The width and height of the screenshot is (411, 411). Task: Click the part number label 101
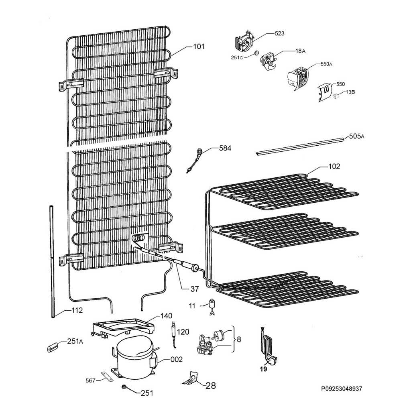tap(199, 47)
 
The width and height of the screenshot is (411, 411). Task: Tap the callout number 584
tap(225, 149)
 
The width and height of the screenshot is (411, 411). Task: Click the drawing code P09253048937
tap(342, 389)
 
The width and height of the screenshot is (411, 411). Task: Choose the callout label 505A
tap(357, 136)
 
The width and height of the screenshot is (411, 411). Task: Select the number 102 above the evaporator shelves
tap(334, 167)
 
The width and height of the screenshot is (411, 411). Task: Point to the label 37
tap(195, 289)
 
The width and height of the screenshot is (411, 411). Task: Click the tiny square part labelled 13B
tap(336, 96)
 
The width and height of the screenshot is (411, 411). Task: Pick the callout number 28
tap(211, 385)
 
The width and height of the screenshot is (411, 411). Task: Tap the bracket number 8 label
tap(238, 340)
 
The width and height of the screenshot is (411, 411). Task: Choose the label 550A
tap(326, 64)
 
